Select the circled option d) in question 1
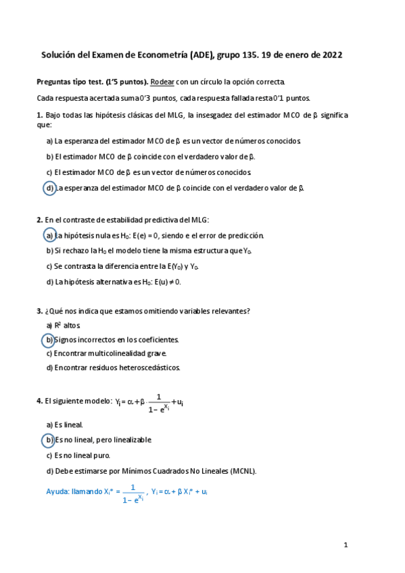pyautogui.click(x=49, y=189)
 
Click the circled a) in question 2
pyautogui.click(x=49, y=235)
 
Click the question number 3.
pyautogui.click(x=39, y=311)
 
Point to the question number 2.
pyautogui.click(x=39, y=220)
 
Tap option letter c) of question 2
pyautogui.click(x=49, y=266)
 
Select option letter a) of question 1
pyautogui.click(x=49, y=141)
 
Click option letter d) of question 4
pyautogui.click(x=49, y=471)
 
